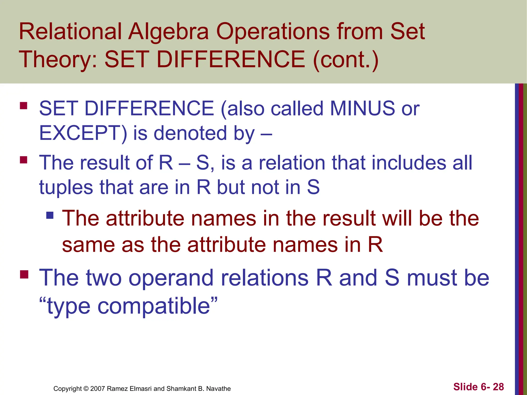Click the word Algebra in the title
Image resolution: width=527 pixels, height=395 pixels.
click(x=169, y=32)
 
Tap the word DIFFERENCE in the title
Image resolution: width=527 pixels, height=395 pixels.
click(x=231, y=60)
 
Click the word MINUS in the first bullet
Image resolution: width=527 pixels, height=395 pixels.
click(x=362, y=109)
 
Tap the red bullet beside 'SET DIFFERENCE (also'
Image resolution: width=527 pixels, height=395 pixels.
click(x=24, y=106)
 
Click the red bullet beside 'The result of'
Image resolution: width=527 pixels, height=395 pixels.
click(x=24, y=160)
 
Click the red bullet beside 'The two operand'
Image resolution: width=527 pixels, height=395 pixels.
click(x=24, y=274)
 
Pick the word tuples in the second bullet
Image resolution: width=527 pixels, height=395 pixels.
click(x=66, y=188)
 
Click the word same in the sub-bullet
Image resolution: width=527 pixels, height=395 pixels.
click(x=89, y=245)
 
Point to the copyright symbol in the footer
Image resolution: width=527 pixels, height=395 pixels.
click(x=86, y=389)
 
